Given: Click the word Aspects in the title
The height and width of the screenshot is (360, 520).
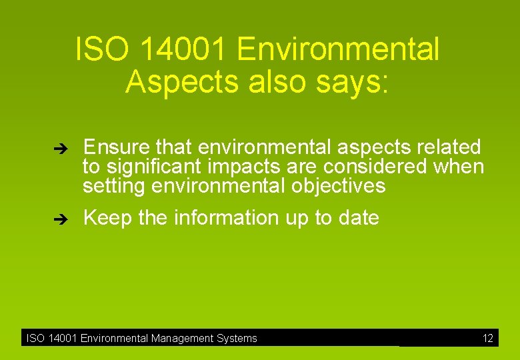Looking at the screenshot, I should point(170,81).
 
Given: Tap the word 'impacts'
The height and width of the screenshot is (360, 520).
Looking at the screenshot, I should point(246,167).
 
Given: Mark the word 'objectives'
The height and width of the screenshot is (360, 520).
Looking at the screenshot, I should point(339,185).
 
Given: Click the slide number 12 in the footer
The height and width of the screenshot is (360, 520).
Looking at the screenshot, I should point(488,338).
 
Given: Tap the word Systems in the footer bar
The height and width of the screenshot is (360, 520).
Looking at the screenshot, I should point(237,338).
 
